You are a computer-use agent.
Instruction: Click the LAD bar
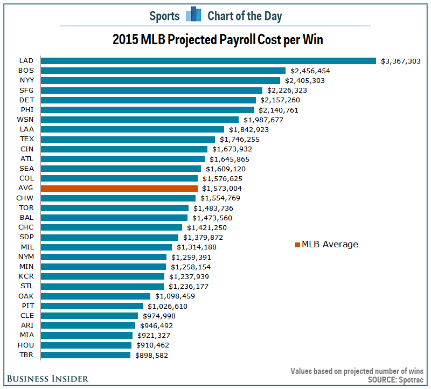208,61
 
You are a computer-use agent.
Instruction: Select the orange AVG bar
119,189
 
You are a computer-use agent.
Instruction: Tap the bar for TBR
86,355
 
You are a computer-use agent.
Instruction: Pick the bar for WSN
140,120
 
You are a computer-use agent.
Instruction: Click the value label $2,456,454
310,71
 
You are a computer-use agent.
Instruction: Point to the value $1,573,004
222,189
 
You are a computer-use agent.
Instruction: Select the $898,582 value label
151,355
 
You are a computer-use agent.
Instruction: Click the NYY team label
27,80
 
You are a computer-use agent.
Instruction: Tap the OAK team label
26,296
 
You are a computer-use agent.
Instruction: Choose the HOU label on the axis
26,345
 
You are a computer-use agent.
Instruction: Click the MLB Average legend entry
326,244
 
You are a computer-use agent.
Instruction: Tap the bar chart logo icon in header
193,14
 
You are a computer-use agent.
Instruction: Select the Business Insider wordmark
47,379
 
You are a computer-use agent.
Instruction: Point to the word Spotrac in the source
411,380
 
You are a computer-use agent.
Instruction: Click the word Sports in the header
164,16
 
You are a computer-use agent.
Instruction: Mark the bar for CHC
112,227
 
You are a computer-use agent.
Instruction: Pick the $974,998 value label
159,316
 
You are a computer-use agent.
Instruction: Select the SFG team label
26,90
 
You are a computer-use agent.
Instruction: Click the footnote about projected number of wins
357,371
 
